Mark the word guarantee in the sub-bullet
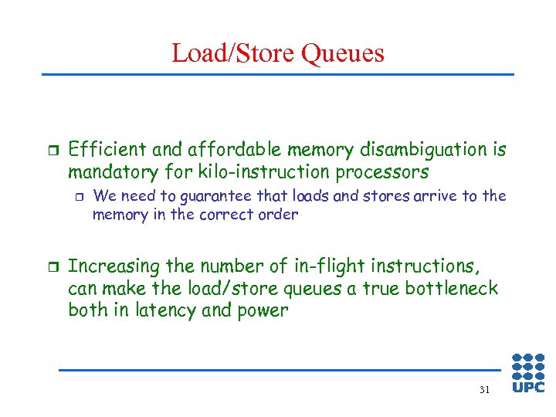(200, 196)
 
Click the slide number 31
(484, 390)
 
